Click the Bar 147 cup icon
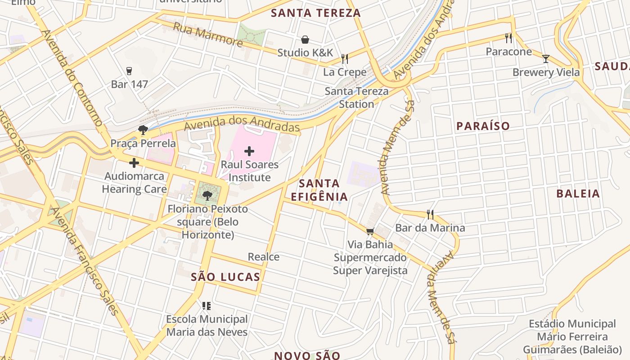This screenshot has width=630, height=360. (x=129, y=71)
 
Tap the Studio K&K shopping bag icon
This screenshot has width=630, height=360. (x=305, y=40)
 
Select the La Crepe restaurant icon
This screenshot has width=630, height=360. (x=345, y=59)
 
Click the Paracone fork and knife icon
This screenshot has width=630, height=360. (x=508, y=38)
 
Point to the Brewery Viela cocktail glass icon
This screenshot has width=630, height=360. (x=546, y=58)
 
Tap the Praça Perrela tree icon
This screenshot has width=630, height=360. (x=143, y=130)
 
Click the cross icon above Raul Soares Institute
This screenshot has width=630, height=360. (x=249, y=151)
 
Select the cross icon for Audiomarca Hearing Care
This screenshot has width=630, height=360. (x=134, y=162)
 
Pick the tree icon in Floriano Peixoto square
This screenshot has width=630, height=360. (x=207, y=195)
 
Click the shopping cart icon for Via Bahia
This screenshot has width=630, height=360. (x=370, y=231)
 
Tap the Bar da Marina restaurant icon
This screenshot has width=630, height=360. (x=430, y=214)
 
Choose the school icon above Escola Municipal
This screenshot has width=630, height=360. (x=207, y=306)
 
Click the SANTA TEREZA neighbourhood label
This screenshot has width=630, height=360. (x=316, y=13)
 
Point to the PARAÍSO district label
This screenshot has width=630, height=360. (x=483, y=126)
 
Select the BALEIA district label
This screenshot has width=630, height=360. (x=578, y=194)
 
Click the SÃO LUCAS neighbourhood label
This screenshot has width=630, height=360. (x=225, y=277)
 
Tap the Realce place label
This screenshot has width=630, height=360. (x=264, y=257)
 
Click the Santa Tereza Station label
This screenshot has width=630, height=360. (x=356, y=98)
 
